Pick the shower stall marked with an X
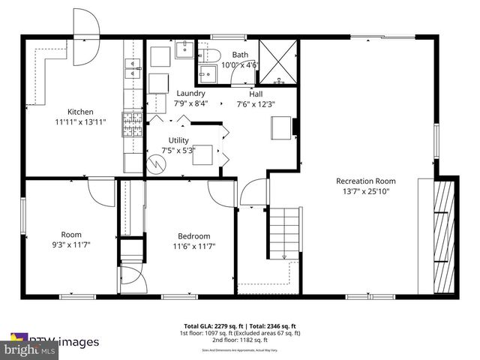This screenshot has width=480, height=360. coord(277,60)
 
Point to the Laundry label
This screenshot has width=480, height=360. coord(190,93)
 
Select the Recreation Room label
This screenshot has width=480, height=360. coord(365,181)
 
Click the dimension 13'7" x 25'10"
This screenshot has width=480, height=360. coord(365,191)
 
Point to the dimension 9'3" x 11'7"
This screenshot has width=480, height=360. coord(70,244)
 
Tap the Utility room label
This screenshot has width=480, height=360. coord(178,140)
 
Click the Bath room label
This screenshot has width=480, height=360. coord(239,55)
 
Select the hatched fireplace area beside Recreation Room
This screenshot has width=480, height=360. coord(445,235)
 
